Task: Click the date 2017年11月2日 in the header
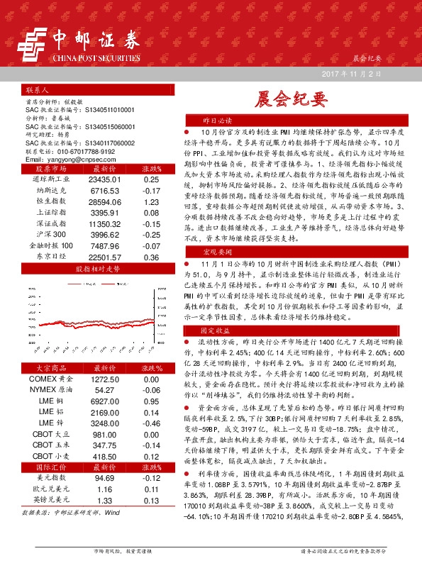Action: [352, 74]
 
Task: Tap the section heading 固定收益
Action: [218, 330]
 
